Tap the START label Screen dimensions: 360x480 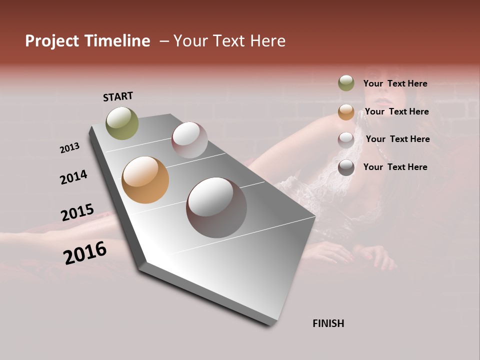118,96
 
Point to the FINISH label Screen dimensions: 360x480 328,323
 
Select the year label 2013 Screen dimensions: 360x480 69,148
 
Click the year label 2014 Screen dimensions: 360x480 73,177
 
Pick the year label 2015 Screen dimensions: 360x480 77,212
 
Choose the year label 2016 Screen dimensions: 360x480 85,253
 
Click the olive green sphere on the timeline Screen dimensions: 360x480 122,123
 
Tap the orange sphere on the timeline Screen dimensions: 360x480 145,180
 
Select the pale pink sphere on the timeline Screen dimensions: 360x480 189,140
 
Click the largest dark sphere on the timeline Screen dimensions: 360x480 216,207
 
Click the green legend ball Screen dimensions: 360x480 346,83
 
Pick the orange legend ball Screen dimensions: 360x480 346,112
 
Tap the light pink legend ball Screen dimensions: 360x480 346,139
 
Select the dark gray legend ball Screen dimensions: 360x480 346,167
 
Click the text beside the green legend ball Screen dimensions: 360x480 395,83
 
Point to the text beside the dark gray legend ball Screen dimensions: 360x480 395,167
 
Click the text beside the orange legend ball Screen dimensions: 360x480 396,111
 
